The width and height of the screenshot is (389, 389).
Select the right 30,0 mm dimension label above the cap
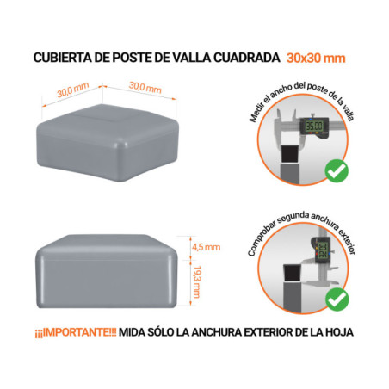coord(145,88)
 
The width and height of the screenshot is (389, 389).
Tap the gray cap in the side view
coord(109,270)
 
